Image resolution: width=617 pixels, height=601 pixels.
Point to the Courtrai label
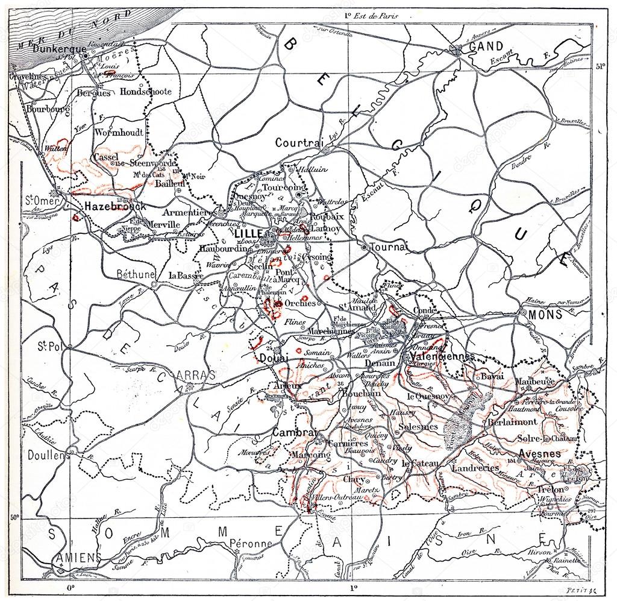coord(296,143)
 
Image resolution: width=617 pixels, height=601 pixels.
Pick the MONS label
coord(545,314)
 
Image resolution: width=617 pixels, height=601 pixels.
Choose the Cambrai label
coord(294,433)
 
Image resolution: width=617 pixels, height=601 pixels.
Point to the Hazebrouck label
coord(115,206)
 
